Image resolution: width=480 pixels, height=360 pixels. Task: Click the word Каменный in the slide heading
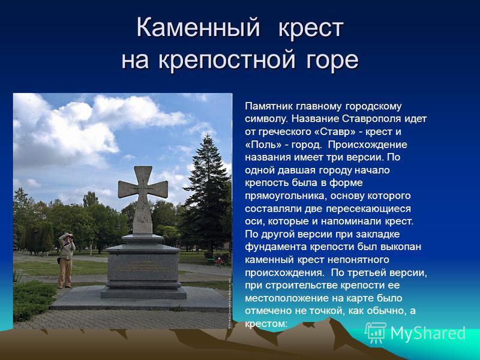tap(198, 27)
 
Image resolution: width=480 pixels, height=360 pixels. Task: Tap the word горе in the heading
tap(332, 59)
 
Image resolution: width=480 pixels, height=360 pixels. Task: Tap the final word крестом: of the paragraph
tap(266, 323)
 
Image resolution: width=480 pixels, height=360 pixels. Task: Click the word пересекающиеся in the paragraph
tap(368, 208)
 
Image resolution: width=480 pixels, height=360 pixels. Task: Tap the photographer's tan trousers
tap(65, 273)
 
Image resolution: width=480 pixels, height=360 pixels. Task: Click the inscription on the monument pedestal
tap(143, 266)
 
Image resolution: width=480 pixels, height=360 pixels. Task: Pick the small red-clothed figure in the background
tap(218, 262)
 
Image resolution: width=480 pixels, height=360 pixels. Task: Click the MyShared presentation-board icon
tap(376, 333)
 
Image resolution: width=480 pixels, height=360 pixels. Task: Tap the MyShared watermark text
tap(428, 333)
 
